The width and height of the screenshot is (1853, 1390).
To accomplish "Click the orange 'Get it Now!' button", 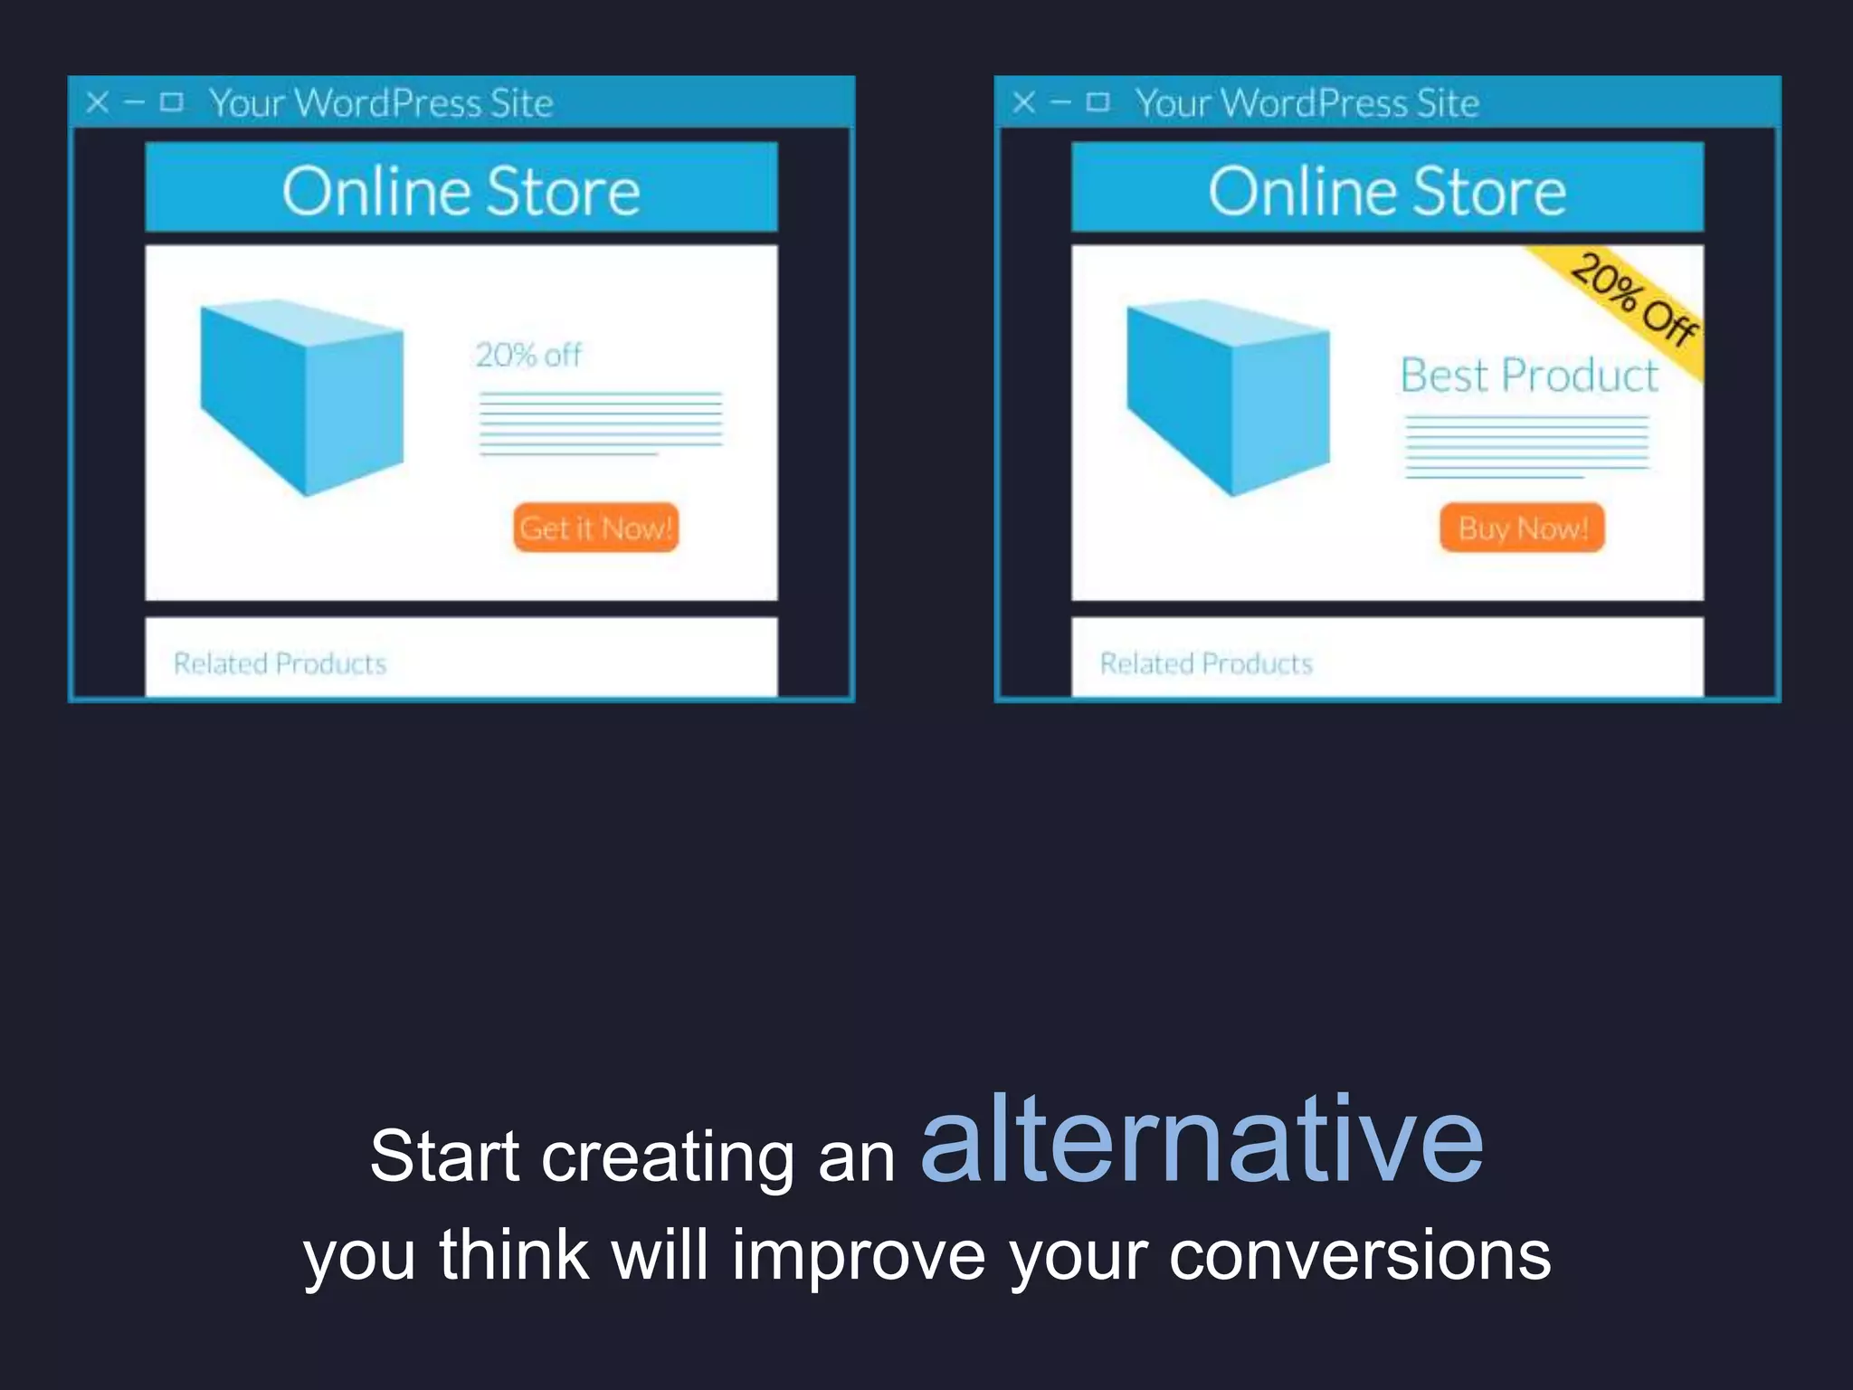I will tap(595, 528).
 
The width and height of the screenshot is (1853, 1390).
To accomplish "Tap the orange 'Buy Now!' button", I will tap(1522, 528).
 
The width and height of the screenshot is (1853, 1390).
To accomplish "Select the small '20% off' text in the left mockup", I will tap(528, 355).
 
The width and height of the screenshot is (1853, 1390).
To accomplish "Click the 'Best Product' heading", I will tap(1529, 375).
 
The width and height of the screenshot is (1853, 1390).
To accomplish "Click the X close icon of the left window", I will tap(98, 102).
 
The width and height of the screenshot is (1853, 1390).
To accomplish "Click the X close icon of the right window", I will tap(1024, 102).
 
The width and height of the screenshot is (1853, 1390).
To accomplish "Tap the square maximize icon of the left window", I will tap(172, 101).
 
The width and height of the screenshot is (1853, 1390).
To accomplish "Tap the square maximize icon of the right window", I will tap(1098, 101).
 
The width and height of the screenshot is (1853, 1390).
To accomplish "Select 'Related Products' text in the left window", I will tap(280, 663).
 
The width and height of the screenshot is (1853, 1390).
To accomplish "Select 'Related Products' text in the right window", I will tap(1206, 663).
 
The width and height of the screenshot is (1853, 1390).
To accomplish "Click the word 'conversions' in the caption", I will tap(1359, 1255).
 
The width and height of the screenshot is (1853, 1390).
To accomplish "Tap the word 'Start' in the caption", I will tap(444, 1156).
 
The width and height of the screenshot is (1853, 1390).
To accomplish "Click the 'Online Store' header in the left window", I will tap(461, 191).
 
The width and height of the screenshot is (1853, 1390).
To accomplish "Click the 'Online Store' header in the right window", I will tap(1387, 191).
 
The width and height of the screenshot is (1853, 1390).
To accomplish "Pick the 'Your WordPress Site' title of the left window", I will tap(381, 103).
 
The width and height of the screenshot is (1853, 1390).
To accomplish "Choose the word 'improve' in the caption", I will tap(858, 1255).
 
